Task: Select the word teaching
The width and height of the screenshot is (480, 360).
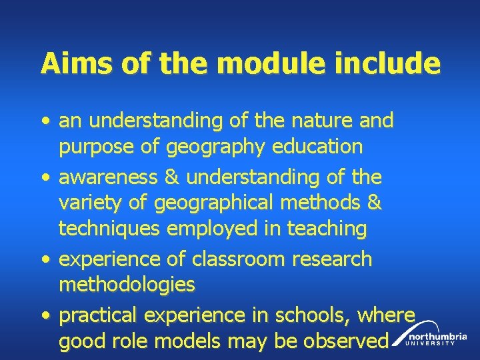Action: point(327,229)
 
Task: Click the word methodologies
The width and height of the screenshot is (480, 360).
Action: point(127,285)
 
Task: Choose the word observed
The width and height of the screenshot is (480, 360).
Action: point(346,341)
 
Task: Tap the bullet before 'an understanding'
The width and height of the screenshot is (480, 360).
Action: point(44,122)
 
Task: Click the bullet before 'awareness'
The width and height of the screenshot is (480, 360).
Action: point(44,178)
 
